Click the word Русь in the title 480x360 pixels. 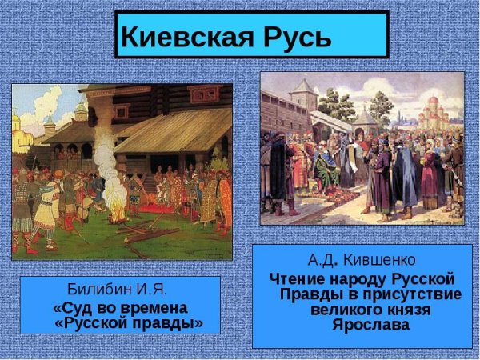292,35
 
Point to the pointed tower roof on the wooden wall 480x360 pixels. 302,93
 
